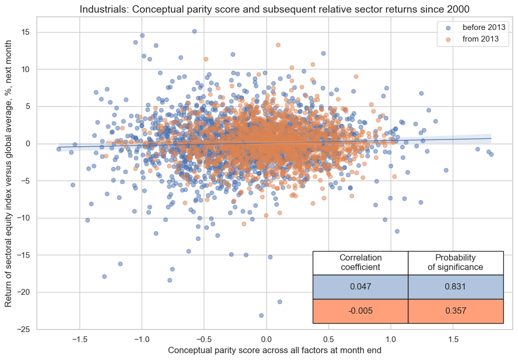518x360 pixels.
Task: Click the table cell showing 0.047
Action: pos(360,287)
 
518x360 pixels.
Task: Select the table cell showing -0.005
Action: pos(360,311)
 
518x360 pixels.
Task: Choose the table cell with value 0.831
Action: pos(455,287)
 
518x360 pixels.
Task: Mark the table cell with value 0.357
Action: pos(455,311)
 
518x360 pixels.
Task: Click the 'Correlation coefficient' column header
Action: pos(360,262)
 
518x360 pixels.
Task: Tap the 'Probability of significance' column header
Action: pos(455,262)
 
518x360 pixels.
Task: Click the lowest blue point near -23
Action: pos(261,315)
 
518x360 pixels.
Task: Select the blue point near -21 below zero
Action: pos(280,302)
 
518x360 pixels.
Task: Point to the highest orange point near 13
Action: pos(278,45)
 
